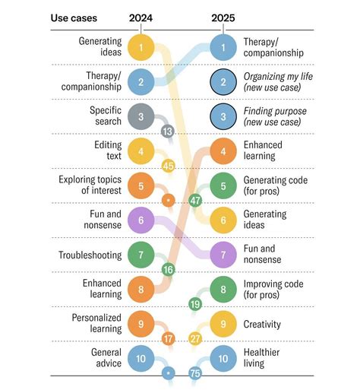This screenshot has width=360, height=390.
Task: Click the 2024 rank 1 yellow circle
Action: (x=141, y=47)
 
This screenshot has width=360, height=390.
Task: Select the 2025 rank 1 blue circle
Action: (x=223, y=47)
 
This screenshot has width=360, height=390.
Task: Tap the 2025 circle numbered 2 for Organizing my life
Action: (x=223, y=81)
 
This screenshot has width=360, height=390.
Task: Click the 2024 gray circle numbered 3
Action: (x=141, y=116)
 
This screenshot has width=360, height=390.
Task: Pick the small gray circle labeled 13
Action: (x=168, y=132)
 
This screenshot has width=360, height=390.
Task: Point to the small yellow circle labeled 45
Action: (x=169, y=166)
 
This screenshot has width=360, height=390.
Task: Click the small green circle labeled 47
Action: (x=195, y=200)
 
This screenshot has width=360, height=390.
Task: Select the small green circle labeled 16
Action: (x=168, y=269)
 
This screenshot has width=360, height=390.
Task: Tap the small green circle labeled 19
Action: (x=195, y=304)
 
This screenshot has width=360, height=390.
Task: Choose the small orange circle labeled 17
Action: (x=168, y=338)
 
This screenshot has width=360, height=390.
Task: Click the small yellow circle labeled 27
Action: (x=195, y=338)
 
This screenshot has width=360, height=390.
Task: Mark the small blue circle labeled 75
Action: (x=195, y=373)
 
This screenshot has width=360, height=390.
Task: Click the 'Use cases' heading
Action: (x=74, y=17)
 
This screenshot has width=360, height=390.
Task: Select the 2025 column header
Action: (x=223, y=17)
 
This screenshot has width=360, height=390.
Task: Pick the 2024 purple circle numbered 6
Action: (x=141, y=220)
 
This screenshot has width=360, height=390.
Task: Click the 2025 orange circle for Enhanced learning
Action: (x=223, y=151)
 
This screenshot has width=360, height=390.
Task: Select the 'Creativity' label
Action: (x=262, y=324)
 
